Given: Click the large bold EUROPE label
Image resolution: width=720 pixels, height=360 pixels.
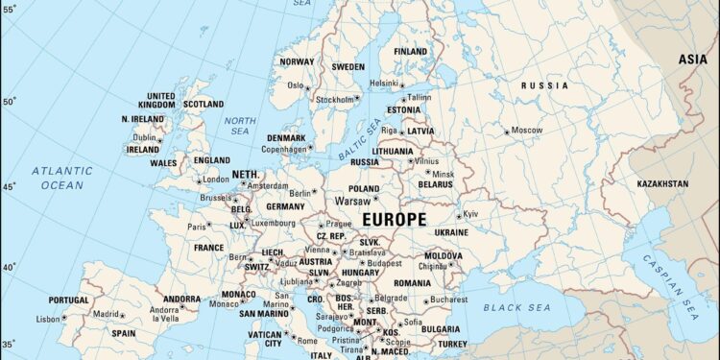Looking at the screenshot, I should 393,219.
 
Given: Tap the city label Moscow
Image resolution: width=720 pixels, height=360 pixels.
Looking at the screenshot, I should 527,130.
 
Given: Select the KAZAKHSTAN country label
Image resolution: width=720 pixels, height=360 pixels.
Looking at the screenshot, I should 661,182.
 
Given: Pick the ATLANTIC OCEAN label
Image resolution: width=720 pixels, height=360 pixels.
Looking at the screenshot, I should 61,178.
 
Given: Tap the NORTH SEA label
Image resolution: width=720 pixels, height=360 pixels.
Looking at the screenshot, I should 239,126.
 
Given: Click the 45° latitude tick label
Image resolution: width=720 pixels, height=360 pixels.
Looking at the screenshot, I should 8,186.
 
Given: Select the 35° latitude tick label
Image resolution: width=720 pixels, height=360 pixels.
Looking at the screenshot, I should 8,342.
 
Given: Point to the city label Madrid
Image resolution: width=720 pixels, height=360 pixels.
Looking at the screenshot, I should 106,314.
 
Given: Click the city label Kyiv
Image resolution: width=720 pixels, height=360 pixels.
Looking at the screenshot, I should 470,214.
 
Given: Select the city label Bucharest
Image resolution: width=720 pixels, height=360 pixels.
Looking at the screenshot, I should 449,300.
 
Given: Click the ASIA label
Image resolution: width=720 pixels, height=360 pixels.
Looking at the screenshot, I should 693,59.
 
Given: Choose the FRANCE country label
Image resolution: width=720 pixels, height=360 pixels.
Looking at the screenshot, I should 208,247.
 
